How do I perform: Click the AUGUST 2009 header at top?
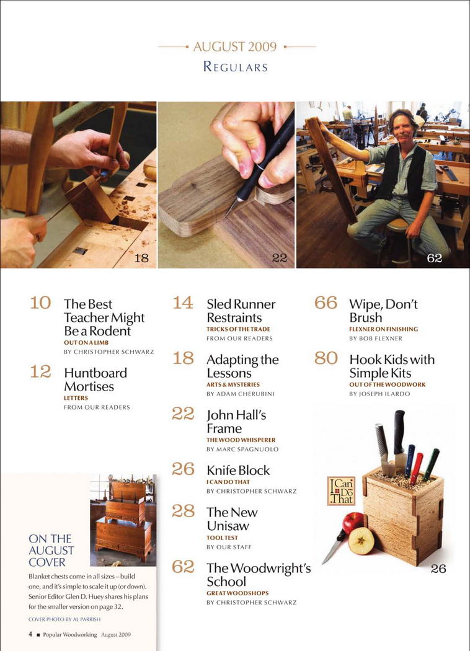pos(235,46)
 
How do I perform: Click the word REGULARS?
pos(236,67)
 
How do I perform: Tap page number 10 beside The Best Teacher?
pos(40,303)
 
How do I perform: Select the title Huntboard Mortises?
pos(95,379)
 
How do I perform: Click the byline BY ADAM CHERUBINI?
pos(241,394)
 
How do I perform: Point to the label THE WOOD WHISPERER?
pos(241,440)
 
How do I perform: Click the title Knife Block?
pos(238,470)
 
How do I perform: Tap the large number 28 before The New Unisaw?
pos(183,511)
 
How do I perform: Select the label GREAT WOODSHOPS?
pos(237,593)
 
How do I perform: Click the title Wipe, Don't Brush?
pos(383,311)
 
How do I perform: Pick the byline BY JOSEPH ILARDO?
pos(379,394)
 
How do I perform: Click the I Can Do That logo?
pos(341,491)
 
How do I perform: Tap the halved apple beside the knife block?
pos(361,541)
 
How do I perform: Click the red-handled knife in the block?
pos(417,468)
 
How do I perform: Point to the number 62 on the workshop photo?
pos(434,259)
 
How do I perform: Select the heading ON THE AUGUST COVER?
pos(51,550)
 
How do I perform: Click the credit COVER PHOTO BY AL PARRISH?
pos(64,619)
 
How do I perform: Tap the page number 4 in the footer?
pos(30,634)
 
